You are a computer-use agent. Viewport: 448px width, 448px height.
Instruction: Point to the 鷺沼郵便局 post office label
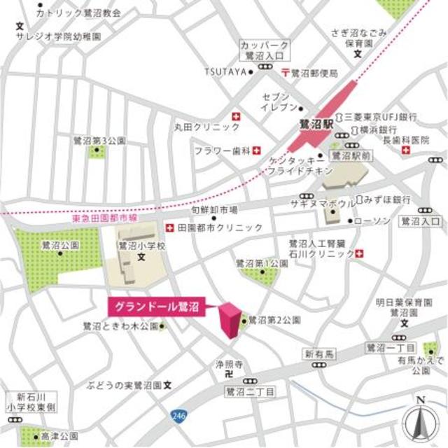(x=314, y=72)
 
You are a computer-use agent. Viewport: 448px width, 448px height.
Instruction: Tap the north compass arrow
(x=420, y=420)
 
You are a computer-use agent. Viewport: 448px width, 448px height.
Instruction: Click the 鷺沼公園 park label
(x=59, y=246)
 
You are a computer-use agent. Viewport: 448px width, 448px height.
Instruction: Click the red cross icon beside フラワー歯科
(x=256, y=150)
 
